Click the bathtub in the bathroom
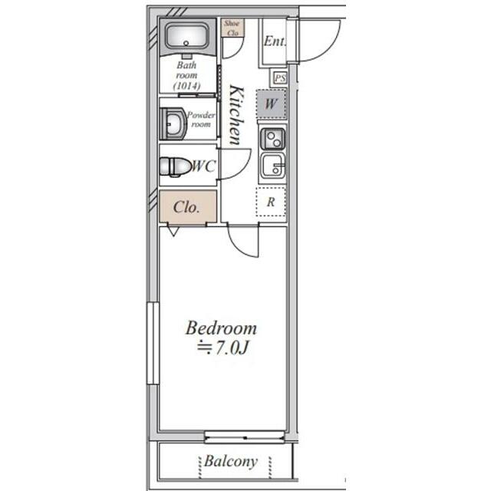tap(187, 37)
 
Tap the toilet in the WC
tap(175, 166)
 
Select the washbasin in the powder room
tap(173, 124)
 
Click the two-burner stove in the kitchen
tap(272, 138)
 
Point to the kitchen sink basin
tap(272, 166)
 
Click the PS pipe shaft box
tap(279, 77)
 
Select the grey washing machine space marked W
tap(271, 104)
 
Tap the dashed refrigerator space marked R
tap(271, 202)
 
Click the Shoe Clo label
tap(232, 28)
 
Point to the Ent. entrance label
tap(275, 41)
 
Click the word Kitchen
tap(236, 115)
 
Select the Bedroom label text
tap(221, 328)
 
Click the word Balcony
tap(231, 462)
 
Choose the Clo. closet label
tap(186, 207)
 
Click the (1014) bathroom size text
tap(187, 85)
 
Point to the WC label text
tap(203, 166)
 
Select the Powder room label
tap(201, 120)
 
